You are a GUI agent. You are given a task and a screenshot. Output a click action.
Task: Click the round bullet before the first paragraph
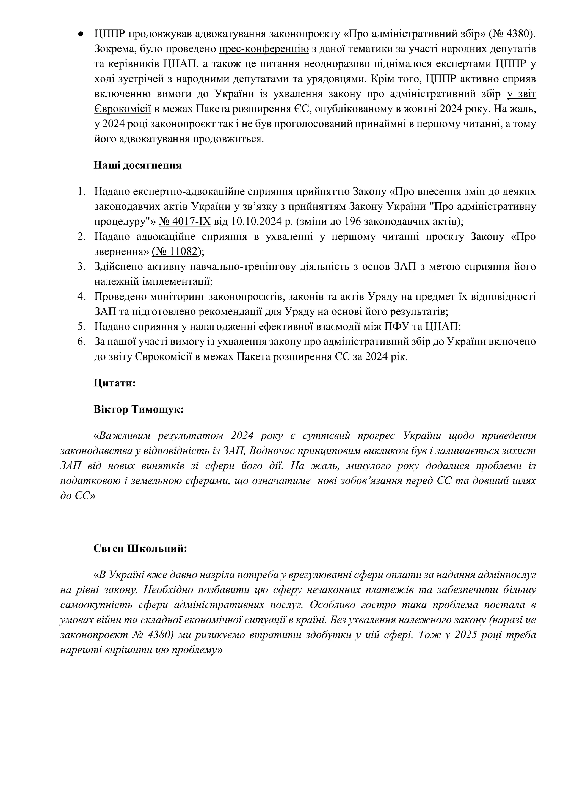pos(81,34)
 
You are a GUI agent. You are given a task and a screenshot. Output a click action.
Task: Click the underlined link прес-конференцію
pos(264,49)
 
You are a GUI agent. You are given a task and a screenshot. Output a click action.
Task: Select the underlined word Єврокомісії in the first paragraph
pos(123,109)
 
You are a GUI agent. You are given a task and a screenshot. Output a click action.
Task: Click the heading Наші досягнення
pos(138,165)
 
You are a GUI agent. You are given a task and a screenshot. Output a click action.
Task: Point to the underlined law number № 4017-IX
pos(184,222)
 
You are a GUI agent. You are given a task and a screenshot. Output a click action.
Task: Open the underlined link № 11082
pos(176,251)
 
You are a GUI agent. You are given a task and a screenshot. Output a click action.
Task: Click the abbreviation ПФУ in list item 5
pos(397,327)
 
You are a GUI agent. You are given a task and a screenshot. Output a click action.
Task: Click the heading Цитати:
pos(114,383)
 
